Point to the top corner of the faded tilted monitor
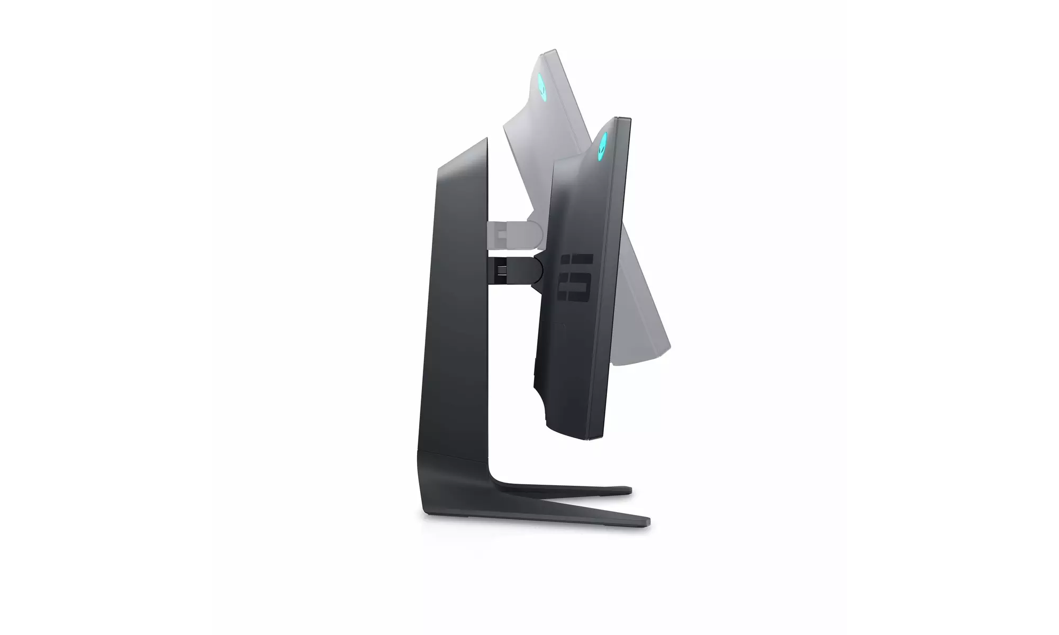[x=553, y=51]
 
